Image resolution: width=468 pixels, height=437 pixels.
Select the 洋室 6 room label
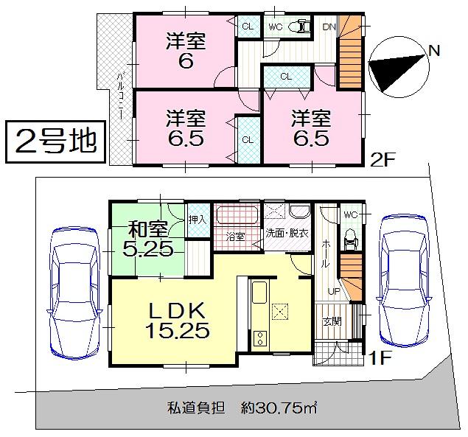(x=185, y=51)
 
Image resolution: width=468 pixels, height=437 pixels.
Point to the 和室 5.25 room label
(x=147, y=239)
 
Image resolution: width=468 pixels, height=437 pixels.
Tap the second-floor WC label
(x=276, y=27)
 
